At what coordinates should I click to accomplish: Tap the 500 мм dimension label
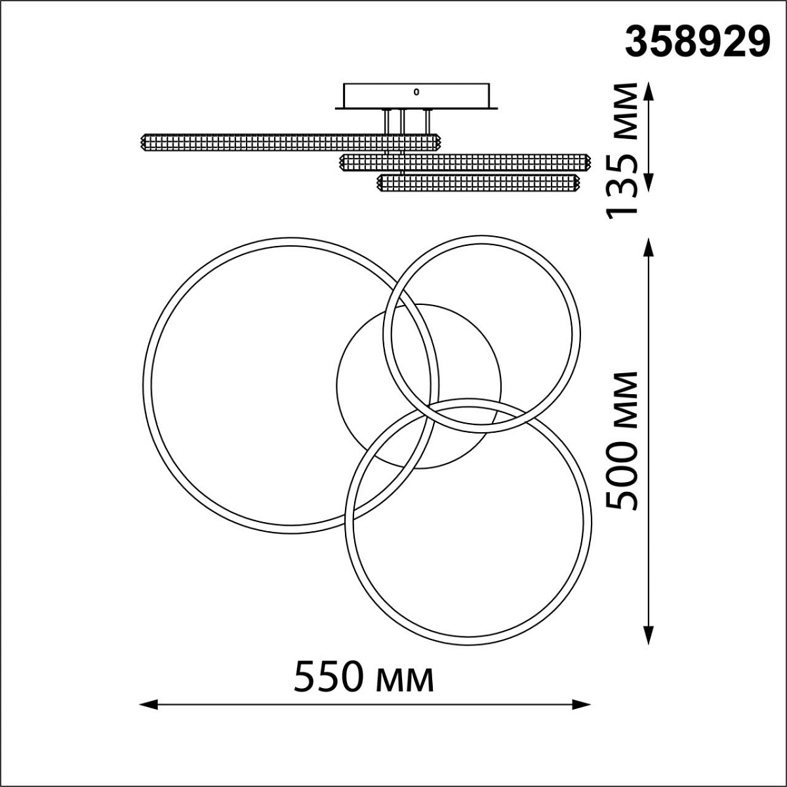[621, 441]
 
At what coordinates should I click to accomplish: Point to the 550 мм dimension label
[363, 677]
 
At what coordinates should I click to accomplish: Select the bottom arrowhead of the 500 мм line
[649, 646]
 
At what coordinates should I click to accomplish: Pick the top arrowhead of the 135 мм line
[649, 91]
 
